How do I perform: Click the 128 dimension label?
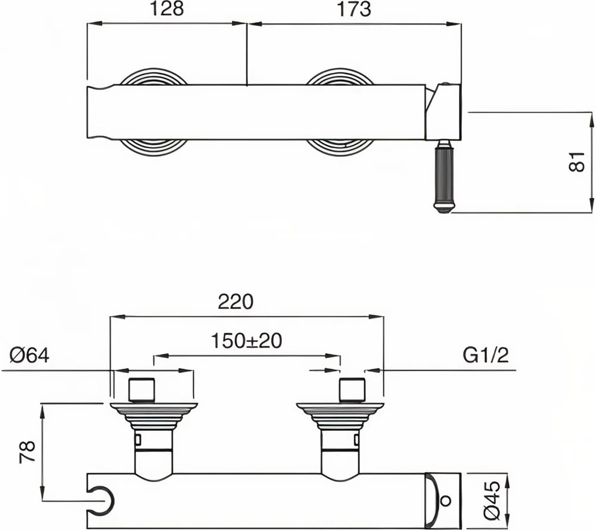(x=167, y=9)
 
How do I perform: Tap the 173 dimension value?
(x=353, y=9)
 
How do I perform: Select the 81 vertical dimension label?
(x=576, y=162)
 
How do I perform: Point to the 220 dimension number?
(x=235, y=302)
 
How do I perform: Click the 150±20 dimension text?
(x=246, y=341)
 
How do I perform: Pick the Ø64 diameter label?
(x=30, y=356)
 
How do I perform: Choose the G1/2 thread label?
(x=485, y=356)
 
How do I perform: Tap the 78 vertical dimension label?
(x=27, y=452)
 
